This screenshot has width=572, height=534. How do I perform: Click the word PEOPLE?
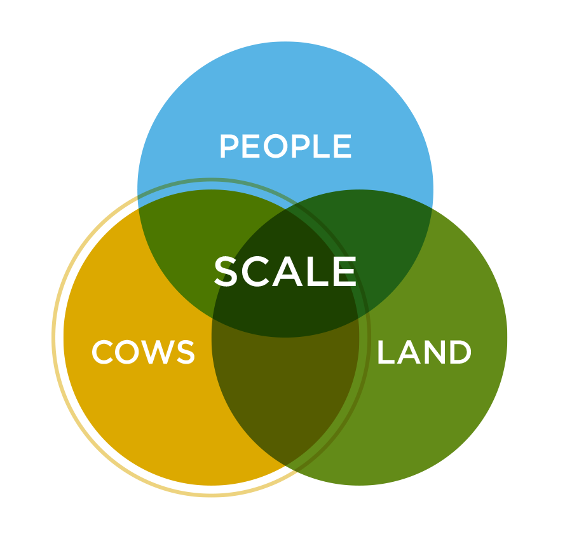click(x=285, y=146)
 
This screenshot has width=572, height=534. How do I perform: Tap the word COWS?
click(x=144, y=352)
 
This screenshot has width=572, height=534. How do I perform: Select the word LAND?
click(x=424, y=352)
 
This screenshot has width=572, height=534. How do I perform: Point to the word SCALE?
click(x=285, y=271)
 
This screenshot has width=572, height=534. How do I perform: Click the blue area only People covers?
click(x=285, y=92)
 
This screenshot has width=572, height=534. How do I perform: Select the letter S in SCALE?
click(x=226, y=271)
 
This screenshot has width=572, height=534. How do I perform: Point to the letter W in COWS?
click(x=161, y=352)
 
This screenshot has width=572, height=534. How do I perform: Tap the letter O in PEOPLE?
click(x=276, y=146)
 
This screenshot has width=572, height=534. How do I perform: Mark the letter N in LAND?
click(x=435, y=352)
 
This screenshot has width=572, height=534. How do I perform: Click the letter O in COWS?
click(x=130, y=352)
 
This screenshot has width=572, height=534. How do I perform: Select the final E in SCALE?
click(x=346, y=271)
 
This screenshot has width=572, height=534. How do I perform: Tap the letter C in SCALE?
click(x=256, y=271)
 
